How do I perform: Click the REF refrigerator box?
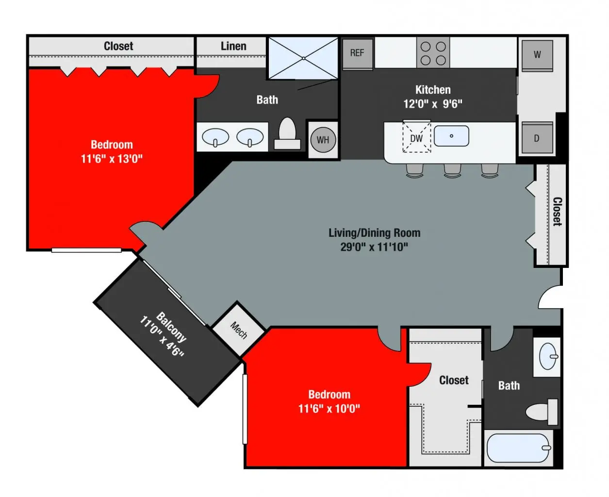(358, 53)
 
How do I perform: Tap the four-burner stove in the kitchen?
(433, 53)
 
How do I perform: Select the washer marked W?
(537, 55)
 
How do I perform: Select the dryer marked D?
(537, 138)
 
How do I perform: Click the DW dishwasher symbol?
(417, 138)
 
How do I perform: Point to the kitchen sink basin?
(451, 136)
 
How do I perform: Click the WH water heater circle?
(323, 140)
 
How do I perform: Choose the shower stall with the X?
(303, 58)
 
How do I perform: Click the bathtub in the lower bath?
(519, 447)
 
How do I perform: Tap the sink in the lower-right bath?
(548, 357)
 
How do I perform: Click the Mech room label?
(239, 330)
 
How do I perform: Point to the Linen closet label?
(233, 46)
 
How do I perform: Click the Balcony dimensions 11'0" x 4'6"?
(162, 337)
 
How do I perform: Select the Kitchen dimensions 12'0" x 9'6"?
(432, 104)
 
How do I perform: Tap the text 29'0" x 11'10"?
(374, 247)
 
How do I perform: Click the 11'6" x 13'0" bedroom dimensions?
(112, 159)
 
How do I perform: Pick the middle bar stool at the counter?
(452, 170)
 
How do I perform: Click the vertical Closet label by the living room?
(557, 212)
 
